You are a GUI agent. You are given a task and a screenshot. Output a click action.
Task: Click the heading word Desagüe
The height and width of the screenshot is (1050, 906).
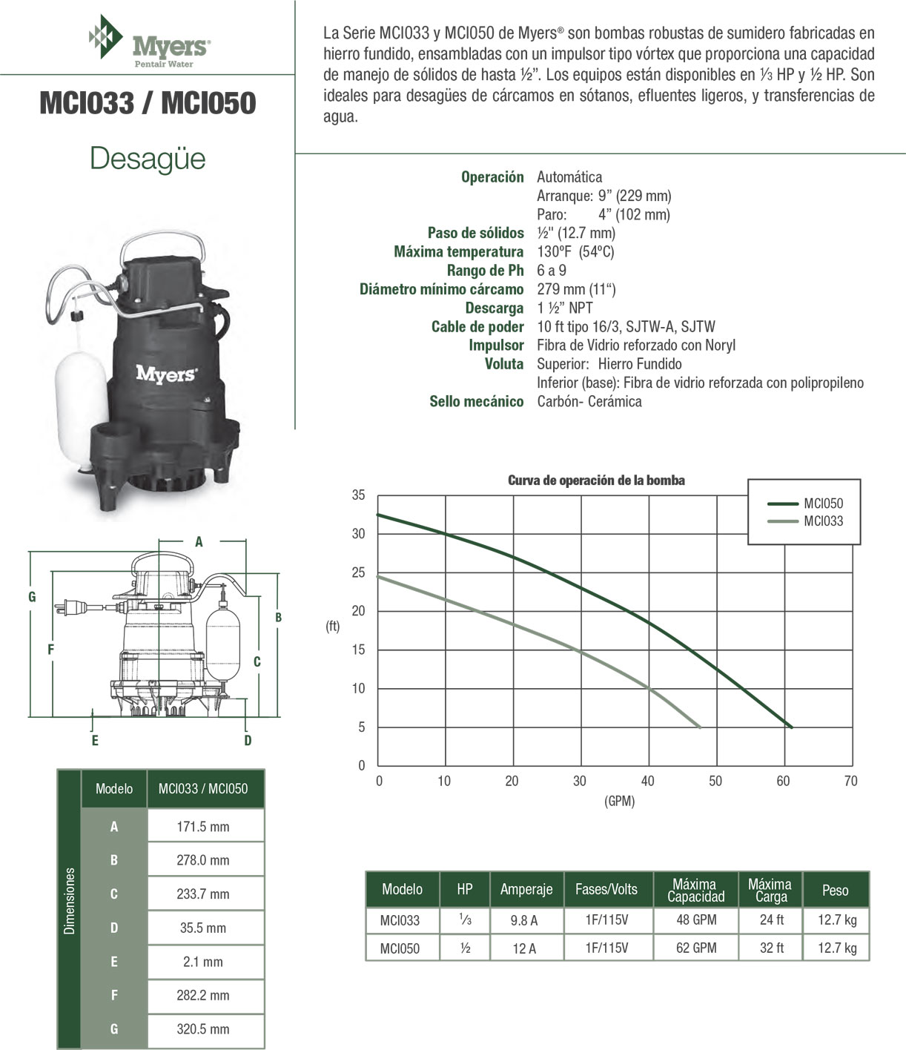(x=148, y=159)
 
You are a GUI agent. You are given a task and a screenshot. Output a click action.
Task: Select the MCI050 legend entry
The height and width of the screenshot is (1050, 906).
(x=823, y=503)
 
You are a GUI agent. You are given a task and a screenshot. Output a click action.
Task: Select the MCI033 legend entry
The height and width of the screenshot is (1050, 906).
(x=823, y=521)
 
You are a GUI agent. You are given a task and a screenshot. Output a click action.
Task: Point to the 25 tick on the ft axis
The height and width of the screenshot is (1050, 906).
(x=359, y=572)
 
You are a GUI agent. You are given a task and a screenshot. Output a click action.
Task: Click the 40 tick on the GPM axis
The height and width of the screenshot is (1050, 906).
(x=648, y=781)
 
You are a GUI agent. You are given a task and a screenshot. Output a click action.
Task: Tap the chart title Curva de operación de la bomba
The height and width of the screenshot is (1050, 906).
(x=596, y=481)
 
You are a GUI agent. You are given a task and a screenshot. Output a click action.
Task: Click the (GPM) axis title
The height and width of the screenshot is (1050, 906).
(x=620, y=801)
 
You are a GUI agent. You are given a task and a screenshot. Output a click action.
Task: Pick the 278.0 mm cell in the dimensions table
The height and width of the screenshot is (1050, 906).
(x=203, y=860)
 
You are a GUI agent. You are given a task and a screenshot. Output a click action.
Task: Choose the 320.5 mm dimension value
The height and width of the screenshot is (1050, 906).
(x=203, y=1029)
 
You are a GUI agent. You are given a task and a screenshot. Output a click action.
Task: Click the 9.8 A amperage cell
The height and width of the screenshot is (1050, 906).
(x=524, y=921)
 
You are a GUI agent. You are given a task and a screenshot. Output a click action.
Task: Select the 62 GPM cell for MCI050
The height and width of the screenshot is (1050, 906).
(x=696, y=948)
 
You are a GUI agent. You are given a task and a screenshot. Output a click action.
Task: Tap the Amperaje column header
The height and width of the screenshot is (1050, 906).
(x=526, y=890)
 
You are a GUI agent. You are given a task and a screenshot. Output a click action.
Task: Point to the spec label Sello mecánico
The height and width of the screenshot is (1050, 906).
(x=476, y=402)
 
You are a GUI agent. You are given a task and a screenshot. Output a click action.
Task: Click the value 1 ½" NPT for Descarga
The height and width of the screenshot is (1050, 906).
(x=565, y=308)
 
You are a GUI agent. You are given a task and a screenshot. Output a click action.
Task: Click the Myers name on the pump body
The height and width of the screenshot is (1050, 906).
(x=166, y=374)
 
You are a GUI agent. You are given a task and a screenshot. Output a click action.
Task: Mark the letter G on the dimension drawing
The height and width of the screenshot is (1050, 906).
(x=32, y=597)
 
